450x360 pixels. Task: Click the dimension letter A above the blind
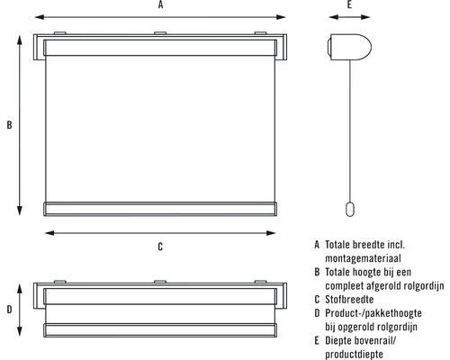(161, 4)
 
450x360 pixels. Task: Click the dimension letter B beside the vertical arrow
(9, 125)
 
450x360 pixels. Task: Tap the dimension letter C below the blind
(160, 247)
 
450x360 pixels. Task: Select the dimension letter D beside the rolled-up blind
(9, 310)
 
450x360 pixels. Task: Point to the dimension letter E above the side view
(349, 4)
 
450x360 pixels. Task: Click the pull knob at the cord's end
(350, 209)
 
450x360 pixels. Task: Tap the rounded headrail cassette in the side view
(349, 48)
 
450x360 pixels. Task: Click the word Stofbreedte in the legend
(349, 300)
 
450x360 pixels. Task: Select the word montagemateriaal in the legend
(363, 258)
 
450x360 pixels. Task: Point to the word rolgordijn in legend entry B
(424, 286)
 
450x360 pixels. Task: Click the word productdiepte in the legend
(354, 355)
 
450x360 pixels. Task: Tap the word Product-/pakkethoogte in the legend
(373, 313)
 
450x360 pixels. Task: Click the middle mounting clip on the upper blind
(160, 33)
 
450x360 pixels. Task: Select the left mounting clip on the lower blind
(60, 282)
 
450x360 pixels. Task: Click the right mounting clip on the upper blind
(260, 33)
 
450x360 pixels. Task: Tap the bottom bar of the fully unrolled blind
(160, 209)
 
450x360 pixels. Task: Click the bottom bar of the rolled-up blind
(160, 330)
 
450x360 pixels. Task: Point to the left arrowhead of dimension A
(39, 17)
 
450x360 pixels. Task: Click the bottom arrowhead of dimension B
(20, 211)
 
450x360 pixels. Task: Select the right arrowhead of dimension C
(271, 233)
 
